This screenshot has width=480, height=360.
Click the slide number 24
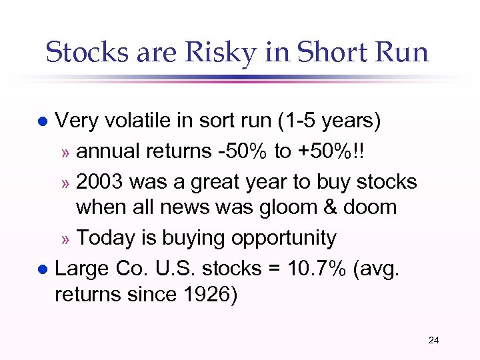[x=433, y=341]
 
